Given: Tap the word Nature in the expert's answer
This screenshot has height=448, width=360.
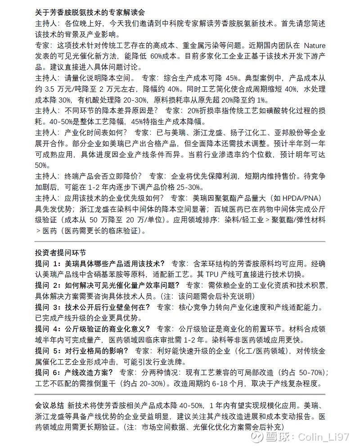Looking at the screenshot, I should (x=314, y=45).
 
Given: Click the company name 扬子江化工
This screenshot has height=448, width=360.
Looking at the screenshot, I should (x=228, y=133).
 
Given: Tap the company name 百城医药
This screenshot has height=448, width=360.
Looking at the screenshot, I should (x=229, y=209).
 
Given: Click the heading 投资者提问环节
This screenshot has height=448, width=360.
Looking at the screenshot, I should (x=60, y=253).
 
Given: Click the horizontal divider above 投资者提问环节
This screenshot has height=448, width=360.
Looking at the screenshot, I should (x=180, y=242).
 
